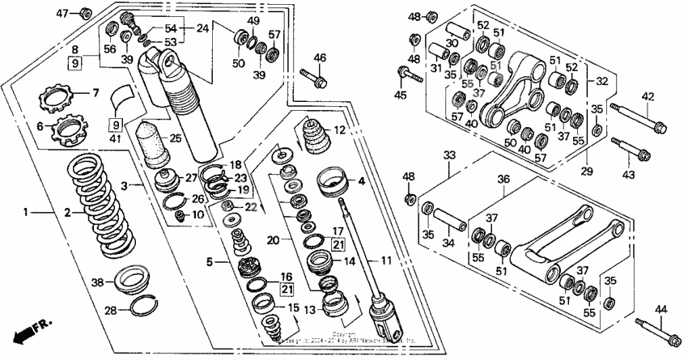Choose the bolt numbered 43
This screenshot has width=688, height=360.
click(637, 153)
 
